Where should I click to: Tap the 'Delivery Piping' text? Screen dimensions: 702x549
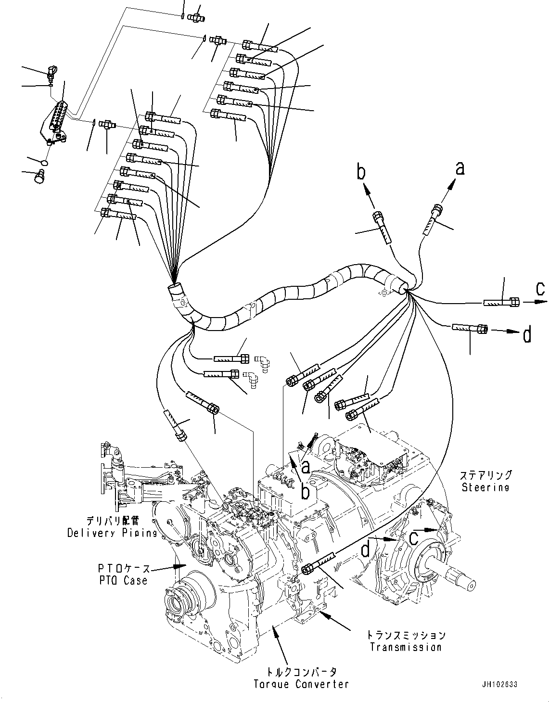(112, 533)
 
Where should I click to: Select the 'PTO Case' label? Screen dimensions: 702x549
(122, 580)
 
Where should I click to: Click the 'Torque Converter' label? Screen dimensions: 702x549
(301, 684)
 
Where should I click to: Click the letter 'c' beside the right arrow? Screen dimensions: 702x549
(540, 289)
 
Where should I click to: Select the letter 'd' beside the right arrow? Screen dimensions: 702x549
(527, 334)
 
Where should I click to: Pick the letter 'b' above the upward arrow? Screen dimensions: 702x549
(361, 171)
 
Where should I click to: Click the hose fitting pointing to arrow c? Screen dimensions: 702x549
(501, 302)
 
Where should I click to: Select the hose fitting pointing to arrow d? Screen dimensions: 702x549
(470, 328)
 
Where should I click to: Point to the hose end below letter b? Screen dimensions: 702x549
(383, 227)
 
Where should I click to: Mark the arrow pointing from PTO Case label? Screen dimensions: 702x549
(164, 568)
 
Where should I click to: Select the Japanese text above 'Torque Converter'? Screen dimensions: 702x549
(301, 672)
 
